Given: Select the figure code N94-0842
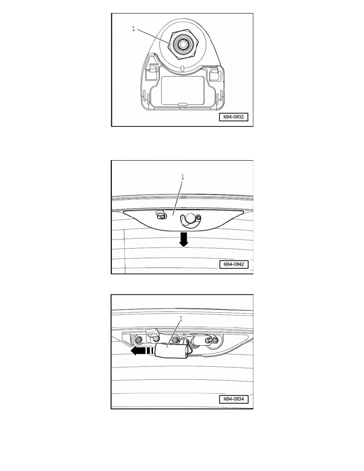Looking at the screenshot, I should pos(234,264).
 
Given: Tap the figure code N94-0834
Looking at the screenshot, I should pos(234,399).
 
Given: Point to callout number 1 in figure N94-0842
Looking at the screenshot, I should pos(182,177).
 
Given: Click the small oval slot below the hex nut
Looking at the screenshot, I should pos(182,69).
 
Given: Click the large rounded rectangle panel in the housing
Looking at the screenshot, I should pos(183,90).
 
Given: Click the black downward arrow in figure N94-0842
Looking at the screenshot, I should pos(183,239).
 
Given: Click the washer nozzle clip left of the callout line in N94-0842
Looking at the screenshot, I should pos(160,214).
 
